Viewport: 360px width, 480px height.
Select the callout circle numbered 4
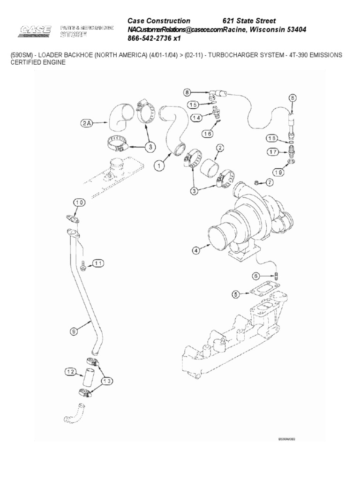(x=195, y=250)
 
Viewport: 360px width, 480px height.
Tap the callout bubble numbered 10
(x=80, y=202)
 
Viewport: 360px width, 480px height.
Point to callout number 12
(x=71, y=372)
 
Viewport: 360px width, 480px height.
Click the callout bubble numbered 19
(x=291, y=172)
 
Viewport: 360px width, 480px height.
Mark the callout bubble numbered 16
(x=207, y=134)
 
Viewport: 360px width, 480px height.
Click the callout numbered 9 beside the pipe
(x=74, y=331)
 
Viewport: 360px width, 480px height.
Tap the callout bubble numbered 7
(x=270, y=182)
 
